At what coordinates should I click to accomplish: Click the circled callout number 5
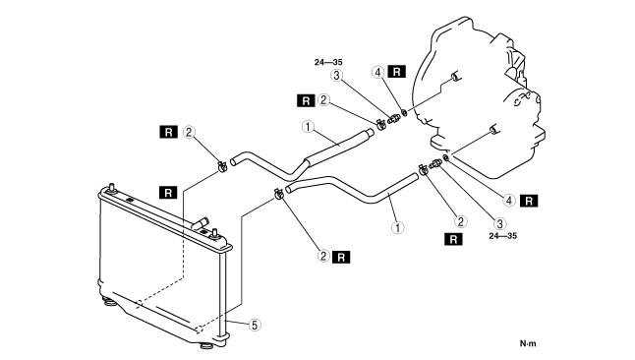point(255,325)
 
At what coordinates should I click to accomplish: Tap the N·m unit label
point(528,343)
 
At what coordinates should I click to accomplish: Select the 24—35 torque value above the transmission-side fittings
point(328,62)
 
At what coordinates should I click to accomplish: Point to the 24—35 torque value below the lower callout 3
point(503,235)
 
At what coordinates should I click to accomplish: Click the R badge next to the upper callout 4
point(396,72)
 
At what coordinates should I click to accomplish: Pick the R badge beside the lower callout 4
point(529,201)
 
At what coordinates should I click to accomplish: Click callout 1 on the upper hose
point(309,127)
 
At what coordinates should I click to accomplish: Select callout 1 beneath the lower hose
point(398,227)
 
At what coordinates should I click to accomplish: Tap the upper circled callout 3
point(336,75)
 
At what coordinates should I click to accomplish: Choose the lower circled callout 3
point(499,223)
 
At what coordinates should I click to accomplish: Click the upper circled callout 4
point(377,73)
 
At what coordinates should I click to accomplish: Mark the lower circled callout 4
point(509,201)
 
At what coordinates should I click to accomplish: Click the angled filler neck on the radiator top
point(201,223)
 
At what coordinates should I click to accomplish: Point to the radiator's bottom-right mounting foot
point(207,346)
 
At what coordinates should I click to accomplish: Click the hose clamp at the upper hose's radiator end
point(222,166)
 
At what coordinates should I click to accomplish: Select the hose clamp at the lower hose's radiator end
point(278,194)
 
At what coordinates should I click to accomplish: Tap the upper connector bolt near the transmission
point(393,119)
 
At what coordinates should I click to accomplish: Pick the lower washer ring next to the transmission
point(445,157)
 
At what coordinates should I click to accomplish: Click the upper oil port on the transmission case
point(455,76)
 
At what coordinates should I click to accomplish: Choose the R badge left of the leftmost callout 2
point(168,132)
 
